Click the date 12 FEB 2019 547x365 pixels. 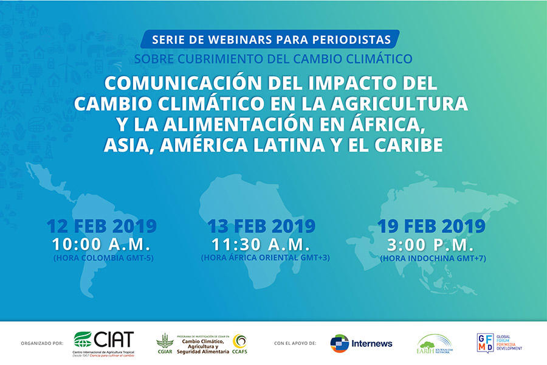pyautogui.click(x=101, y=226)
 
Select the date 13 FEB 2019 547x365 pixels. pyautogui.click(x=261, y=226)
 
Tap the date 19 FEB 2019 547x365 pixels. pyautogui.click(x=432, y=226)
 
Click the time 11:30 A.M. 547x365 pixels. pyautogui.click(x=261, y=244)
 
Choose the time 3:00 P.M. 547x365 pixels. pyautogui.click(x=432, y=244)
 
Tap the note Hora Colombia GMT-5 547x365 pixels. pyautogui.click(x=101, y=257)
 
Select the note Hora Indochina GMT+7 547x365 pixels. pyautogui.click(x=432, y=258)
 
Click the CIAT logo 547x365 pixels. pyautogui.click(x=103, y=343)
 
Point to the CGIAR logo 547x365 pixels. pyautogui.click(x=165, y=344)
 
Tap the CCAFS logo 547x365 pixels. pyautogui.click(x=239, y=343)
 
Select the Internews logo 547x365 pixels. pyautogui.click(x=362, y=343)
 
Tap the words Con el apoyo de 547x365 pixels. pyautogui.click(x=295, y=343)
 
